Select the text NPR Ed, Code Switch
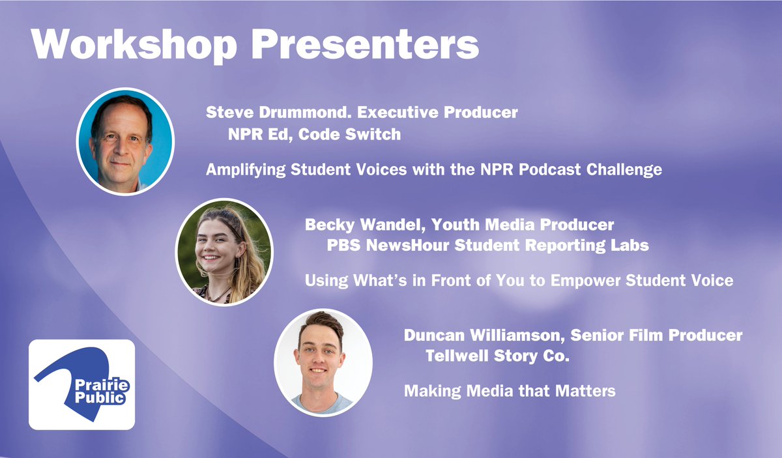[x=313, y=135]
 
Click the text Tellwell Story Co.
[x=502, y=356]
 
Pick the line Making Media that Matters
[x=510, y=392]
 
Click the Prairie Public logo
[x=81, y=384]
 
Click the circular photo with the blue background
[x=124, y=141]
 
